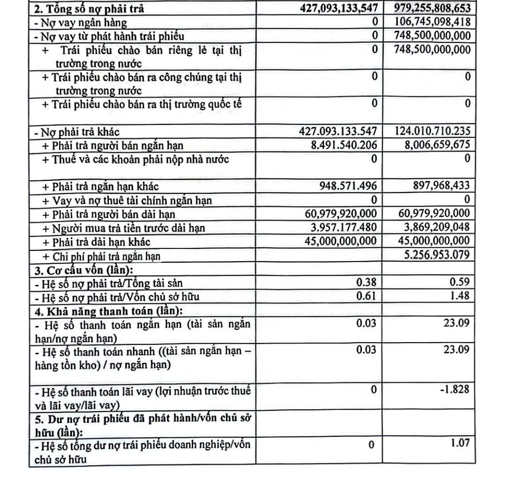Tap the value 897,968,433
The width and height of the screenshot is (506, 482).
pyautogui.click(x=438, y=186)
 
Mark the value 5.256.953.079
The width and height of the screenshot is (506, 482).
pyautogui.click(x=435, y=255)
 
